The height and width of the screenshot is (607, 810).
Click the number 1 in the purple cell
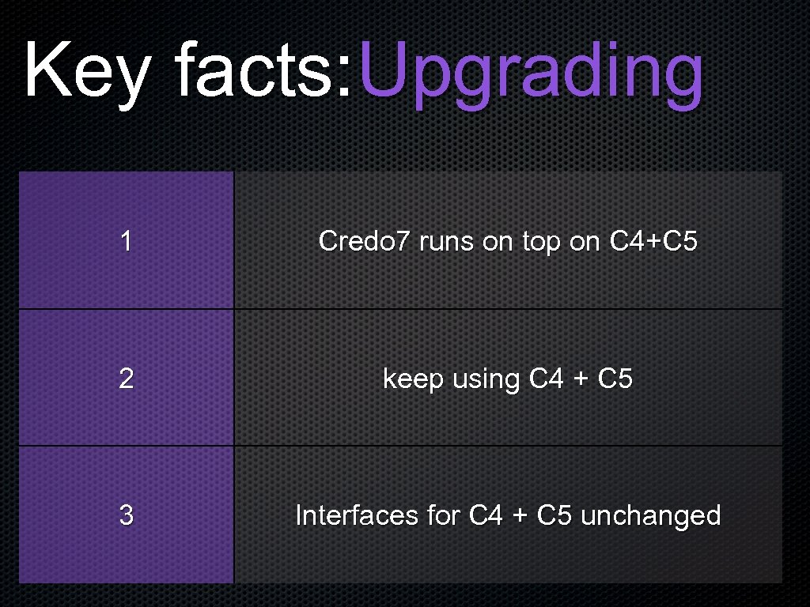click(126, 241)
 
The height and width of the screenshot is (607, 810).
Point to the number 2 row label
click(126, 379)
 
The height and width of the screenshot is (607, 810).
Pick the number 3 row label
click(126, 515)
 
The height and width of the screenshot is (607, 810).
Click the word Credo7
click(364, 241)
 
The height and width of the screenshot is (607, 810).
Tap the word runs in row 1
click(447, 241)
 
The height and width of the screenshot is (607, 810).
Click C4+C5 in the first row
click(653, 241)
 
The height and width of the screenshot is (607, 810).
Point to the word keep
click(414, 379)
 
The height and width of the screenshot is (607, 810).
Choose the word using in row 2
click(486, 379)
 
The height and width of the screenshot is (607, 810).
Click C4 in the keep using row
click(546, 379)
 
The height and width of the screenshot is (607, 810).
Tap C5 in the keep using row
click(615, 379)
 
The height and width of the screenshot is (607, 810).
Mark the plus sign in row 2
click(581, 379)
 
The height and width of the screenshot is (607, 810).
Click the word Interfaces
click(357, 515)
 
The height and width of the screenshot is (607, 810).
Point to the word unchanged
click(650, 515)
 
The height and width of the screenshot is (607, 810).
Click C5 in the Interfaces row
click(555, 515)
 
